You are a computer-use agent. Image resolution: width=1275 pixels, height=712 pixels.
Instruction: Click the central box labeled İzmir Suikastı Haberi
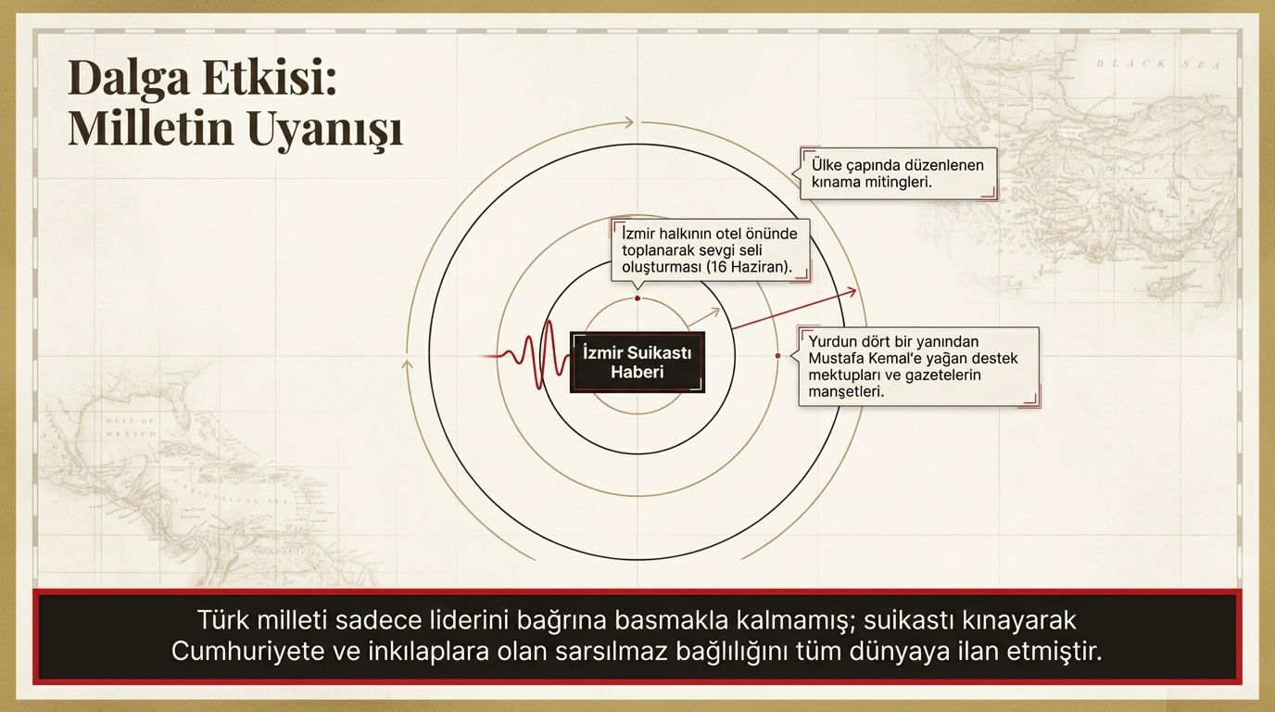coord(637,362)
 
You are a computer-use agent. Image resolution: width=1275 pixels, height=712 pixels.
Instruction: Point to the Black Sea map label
coord(1157,64)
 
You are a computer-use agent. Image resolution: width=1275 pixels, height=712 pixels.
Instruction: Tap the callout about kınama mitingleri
coord(898,173)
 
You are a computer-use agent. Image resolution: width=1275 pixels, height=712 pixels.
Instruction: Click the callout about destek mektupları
coord(917,366)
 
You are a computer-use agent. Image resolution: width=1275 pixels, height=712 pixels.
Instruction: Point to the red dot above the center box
coord(637,299)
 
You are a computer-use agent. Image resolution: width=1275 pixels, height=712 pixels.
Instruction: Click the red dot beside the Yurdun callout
coord(777,356)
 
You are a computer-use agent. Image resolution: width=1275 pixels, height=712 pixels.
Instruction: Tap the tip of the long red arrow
coord(855,291)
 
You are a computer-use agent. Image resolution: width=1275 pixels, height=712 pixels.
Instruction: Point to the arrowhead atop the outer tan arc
coord(630,122)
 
